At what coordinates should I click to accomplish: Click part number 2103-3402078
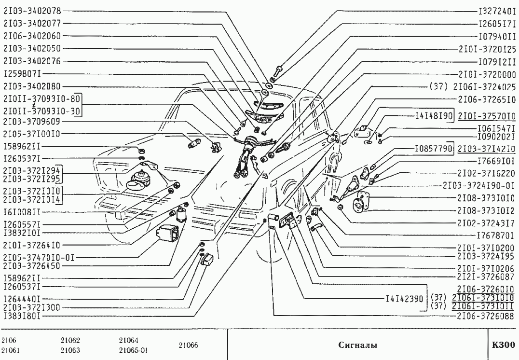32,11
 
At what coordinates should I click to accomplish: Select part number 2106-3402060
32,36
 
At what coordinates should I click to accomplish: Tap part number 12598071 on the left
23,73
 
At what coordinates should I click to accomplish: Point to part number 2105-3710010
32,134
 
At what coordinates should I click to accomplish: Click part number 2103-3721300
32,307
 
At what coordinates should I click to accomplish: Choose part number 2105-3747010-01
39,258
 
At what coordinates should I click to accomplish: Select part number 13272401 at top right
497,11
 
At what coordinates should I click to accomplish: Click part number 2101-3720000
487,74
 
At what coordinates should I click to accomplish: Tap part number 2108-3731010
486,198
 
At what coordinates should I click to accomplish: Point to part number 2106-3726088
486,316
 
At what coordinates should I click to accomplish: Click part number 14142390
405,299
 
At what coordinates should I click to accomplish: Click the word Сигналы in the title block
357,345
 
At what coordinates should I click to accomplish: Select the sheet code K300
503,345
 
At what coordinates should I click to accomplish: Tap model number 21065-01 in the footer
134,350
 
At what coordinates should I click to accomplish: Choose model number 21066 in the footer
188,346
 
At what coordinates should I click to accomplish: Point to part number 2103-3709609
32,122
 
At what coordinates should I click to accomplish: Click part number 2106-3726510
487,99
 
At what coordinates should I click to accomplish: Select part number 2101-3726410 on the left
32,246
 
